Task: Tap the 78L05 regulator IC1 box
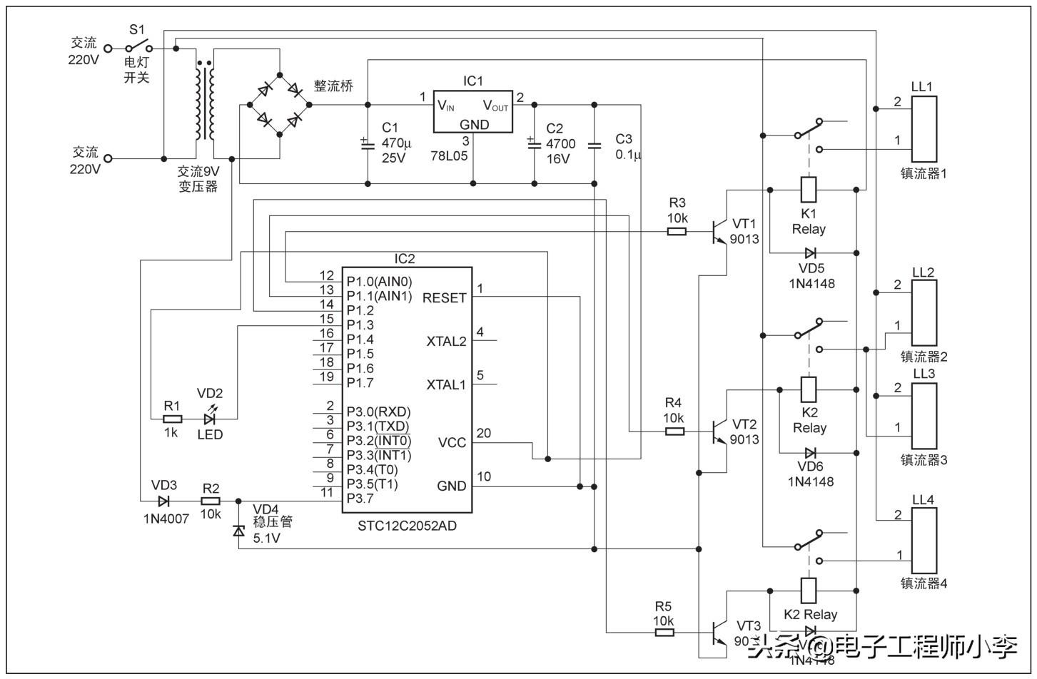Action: pos(473,111)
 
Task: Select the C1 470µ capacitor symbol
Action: pos(368,144)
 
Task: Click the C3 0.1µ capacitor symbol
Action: pos(595,145)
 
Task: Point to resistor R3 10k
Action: pos(677,231)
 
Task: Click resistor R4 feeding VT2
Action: pos(674,431)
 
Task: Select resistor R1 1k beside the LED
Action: pos(172,419)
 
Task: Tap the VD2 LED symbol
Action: pos(210,419)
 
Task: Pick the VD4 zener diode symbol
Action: pos(238,531)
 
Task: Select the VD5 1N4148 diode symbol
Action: pos(811,252)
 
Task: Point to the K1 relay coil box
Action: pos(809,190)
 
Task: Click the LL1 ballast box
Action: pos(924,128)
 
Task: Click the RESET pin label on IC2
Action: pos(444,297)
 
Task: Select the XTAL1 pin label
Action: pos(446,385)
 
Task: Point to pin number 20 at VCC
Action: pos(484,433)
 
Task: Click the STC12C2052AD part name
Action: pos(407,526)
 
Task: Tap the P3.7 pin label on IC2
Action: pos(360,498)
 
